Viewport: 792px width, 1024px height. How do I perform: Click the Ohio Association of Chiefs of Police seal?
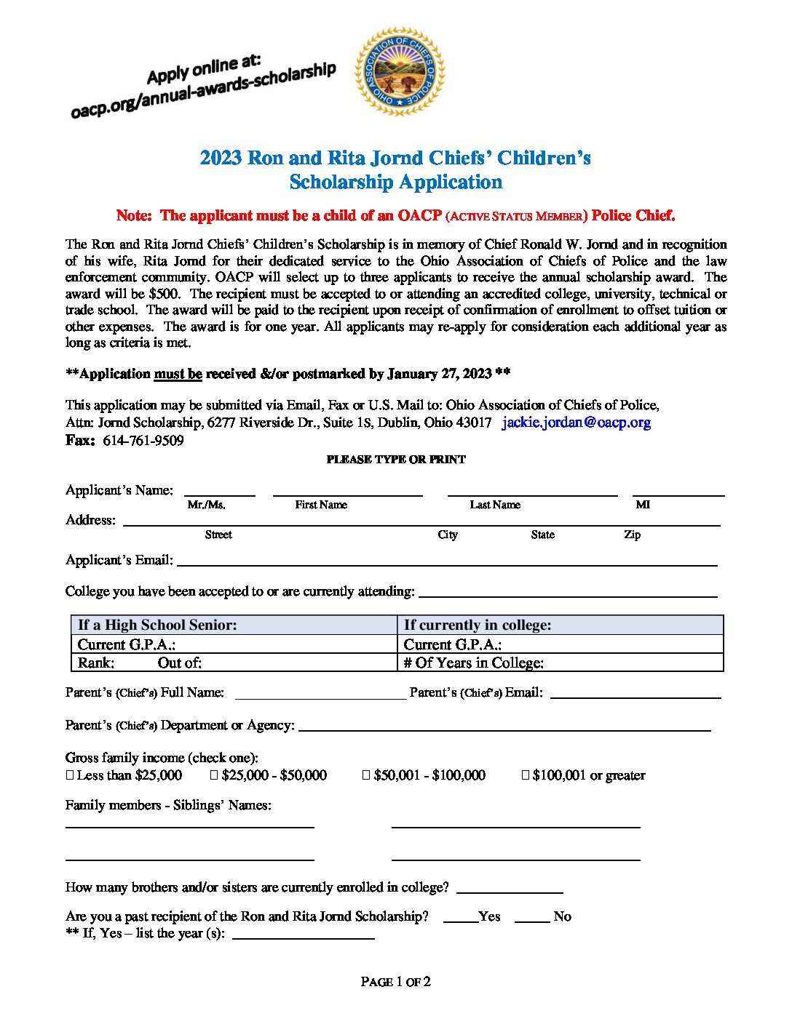[399, 71]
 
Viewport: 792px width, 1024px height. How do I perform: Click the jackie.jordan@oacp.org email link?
[576, 423]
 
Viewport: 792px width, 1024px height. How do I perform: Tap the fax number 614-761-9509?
[143, 441]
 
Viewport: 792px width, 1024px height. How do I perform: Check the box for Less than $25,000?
[70, 775]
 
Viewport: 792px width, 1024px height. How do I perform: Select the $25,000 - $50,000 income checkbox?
[214, 775]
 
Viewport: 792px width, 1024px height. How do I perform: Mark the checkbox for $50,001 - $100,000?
[366, 775]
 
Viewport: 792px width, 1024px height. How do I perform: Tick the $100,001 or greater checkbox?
[525, 775]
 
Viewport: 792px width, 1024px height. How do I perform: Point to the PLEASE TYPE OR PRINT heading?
[396, 460]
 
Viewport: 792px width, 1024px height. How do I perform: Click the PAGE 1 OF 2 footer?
[396, 982]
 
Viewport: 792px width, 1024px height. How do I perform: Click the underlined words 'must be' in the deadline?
[178, 374]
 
